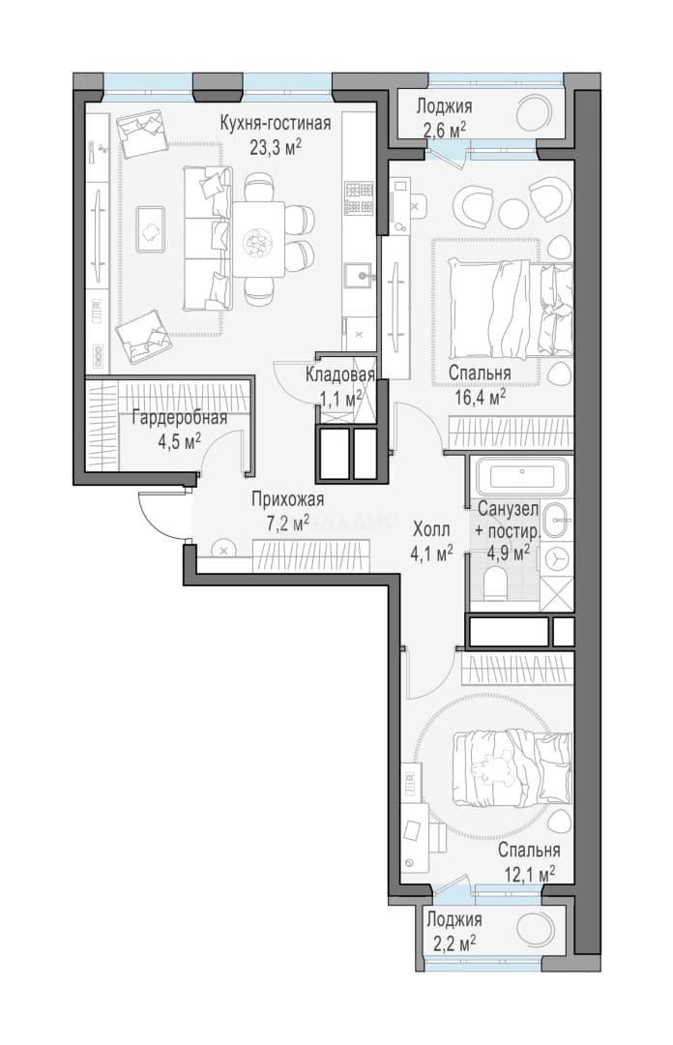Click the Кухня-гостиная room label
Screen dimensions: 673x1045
click(x=276, y=123)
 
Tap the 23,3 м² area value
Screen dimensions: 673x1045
click(x=276, y=146)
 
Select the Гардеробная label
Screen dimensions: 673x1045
click(x=179, y=418)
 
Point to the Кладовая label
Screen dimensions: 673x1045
click(x=339, y=375)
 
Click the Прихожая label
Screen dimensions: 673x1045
click(x=288, y=500)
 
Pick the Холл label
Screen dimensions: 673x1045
click(x=431, y=530)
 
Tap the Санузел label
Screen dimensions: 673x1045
click(x=508, y=510)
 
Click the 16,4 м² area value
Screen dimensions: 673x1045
click(x=477, y=398)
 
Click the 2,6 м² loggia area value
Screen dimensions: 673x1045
click(x=444, y=130)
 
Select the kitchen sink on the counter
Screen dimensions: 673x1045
click(x=359, y=275)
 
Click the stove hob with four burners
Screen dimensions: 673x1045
click(x=359, y=198)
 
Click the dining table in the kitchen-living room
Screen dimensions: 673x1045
click(x=258, y=239)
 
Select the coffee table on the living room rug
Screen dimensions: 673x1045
click(x=151, y=229)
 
